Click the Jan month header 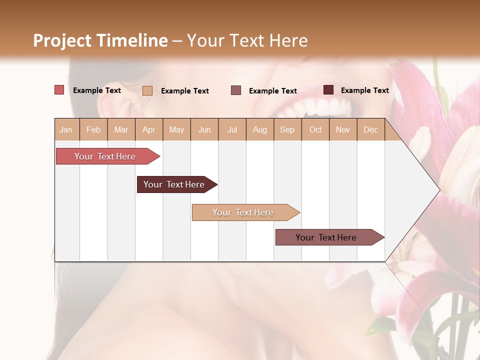pos(66,129)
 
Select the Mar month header pos(121,129)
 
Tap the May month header pos(176,129)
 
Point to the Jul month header pos(232,129)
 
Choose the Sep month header pos(287,129)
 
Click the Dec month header pos(370,129)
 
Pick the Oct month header pos(315,129)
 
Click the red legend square pos(59,90)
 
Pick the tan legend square pos(147,90)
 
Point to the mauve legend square pos(236,90)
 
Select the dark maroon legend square pos(328,90)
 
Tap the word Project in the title pos(61,40)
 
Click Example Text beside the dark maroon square pos(364,90)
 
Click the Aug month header pos(259,129)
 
